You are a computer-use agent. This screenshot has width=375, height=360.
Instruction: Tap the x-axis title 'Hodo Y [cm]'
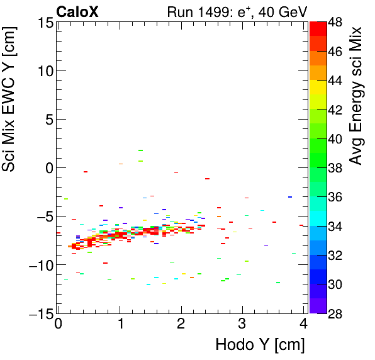point(260,345)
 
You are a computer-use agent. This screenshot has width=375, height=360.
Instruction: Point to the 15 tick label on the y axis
point(44,23)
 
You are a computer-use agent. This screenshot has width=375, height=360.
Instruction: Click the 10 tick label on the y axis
point(44,71)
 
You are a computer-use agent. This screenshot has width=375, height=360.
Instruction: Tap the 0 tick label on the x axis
point(58,323)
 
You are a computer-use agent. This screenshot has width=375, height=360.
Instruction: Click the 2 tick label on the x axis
point(181,323)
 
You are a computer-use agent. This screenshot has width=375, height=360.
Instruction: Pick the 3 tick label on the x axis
point(242,323)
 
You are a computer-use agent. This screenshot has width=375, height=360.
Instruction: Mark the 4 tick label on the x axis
point(304,323)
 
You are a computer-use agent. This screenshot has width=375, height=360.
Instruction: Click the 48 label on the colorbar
point(335,23)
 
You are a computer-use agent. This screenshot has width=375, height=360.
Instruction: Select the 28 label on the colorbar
point(335,313)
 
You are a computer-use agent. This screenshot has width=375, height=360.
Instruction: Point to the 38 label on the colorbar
point(335,168)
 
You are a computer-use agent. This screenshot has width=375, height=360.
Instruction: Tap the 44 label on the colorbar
point(335,81)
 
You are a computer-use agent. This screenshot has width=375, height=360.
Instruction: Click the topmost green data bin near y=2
point(140,150)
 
